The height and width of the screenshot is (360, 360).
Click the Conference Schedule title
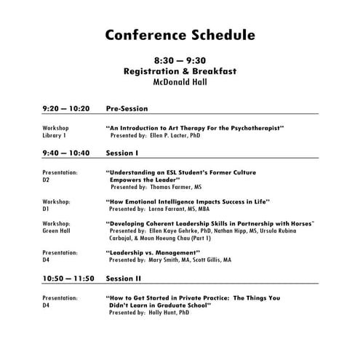click(180, 34)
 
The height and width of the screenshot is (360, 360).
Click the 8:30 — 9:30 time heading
click(180, 61)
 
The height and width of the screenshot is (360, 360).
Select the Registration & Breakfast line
click(180, 71)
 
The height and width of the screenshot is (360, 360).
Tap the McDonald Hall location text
click(180, 82)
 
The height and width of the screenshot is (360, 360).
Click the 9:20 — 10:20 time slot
click(66, 108)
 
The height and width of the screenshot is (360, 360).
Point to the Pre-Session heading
click(127, 108)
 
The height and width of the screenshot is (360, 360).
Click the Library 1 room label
click(55, 135)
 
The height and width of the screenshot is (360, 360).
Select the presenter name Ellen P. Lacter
click(172, 135)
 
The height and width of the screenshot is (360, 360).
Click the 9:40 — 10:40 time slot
click(66, 153)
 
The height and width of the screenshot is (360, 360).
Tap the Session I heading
click(122, 153)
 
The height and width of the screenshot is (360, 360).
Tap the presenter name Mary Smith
click(169, 260)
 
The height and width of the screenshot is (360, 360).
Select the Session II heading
click(124, 278)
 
